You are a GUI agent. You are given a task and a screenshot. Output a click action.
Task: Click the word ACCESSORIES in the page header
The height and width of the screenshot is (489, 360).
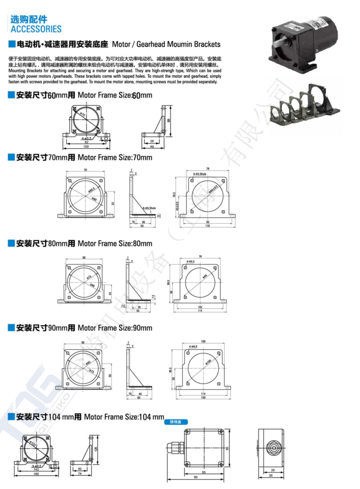(36, 29)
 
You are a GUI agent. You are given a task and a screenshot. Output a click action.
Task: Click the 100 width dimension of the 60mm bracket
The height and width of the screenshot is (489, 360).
(86, 147)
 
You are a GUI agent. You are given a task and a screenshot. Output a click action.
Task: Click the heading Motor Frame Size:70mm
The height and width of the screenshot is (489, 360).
(115, 157)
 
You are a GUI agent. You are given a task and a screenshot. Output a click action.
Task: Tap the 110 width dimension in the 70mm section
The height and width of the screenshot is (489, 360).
(207, 226)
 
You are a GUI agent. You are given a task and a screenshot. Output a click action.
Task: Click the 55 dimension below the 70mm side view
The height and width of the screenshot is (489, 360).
(142, 226)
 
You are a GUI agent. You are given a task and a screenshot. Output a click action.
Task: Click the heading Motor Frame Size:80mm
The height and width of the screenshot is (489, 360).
(115, 244)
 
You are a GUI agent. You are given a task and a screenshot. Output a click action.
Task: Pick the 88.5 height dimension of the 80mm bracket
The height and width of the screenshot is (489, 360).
(168, 282)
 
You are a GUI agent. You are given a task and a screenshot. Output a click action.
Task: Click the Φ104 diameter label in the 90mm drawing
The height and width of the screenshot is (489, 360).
(208, 362)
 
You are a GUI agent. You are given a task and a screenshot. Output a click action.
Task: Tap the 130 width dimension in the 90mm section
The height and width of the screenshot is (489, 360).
(203, 397)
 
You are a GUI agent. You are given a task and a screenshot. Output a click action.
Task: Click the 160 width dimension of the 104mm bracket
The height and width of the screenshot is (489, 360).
(36, 473)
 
